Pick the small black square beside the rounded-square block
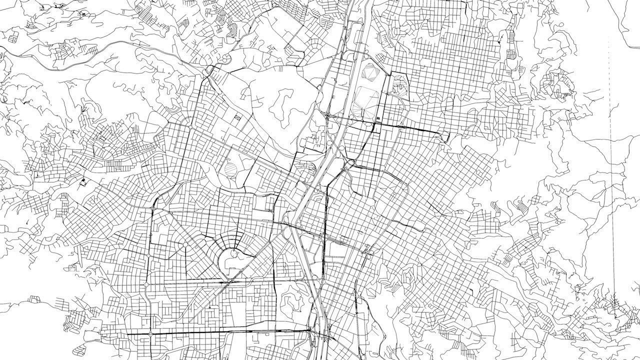point(378,118)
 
